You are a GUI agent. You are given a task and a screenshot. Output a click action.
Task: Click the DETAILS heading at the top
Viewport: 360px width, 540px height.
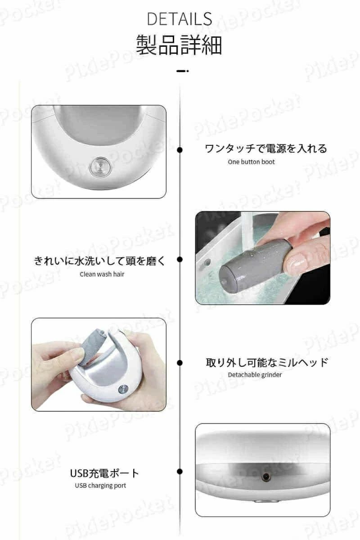click(x=180, y=19)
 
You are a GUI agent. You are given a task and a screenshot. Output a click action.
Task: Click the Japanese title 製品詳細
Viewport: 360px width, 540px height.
click(x=179, y=45)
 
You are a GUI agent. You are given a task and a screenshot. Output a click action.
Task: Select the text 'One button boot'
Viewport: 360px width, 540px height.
click(x=251, y=162)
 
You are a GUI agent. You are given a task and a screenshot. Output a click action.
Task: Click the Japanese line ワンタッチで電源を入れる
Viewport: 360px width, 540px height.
click(x=266, y=148)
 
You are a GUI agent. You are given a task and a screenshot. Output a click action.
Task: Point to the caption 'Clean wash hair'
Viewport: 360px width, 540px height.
click(x=102, y=274)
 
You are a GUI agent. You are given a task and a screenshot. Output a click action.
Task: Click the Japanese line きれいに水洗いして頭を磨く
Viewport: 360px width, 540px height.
click(x=99, y=261)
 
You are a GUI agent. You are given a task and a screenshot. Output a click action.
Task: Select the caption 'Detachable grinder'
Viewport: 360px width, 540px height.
click(x=255, y=375)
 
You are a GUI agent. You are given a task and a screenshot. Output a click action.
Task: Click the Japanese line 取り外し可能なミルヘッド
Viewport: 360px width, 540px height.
click(x=267, y=362)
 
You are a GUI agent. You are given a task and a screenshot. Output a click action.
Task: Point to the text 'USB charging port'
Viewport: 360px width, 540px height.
click(x=100, y=486)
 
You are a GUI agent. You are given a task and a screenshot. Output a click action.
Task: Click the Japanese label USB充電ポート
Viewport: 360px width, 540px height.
click(x=104, y=473)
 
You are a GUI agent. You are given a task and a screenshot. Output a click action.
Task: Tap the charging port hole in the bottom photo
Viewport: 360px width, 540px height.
click(x=266, y=476)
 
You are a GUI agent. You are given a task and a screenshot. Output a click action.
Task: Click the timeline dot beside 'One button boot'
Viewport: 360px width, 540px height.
click(x=180, y=150)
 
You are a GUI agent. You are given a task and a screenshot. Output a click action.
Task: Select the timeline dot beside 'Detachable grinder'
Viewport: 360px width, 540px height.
click(x=180, y=363)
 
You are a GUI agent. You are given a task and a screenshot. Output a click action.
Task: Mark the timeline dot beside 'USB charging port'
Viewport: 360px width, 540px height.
click(x=180, y=472)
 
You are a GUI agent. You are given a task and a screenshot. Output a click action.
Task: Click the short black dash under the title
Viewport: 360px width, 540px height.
click(x=183, y=71)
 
